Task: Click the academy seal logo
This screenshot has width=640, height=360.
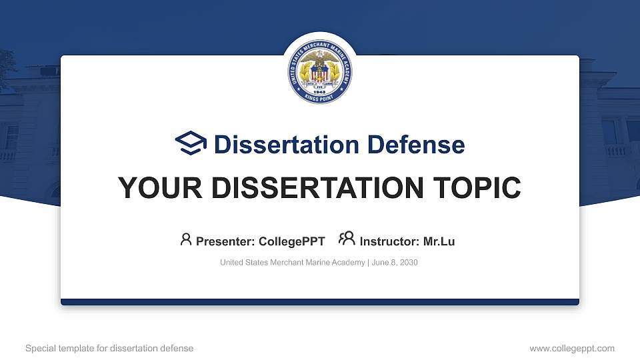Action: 320,70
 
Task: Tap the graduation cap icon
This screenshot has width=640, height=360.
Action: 191,143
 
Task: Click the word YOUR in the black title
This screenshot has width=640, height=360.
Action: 155,188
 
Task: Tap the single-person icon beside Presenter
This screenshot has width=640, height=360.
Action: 186,239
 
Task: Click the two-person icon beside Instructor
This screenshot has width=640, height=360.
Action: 347,239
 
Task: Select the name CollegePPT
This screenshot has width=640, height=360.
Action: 291,241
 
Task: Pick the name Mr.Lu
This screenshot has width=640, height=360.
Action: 439,241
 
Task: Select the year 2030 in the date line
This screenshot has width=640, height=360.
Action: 408,263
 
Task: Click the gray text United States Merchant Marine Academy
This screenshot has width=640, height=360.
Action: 292,263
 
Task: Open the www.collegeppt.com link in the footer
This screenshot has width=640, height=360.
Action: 571,348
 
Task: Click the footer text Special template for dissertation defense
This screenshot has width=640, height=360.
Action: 109,348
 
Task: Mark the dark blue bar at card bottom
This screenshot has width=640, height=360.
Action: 320,302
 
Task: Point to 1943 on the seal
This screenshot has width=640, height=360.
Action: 320,92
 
